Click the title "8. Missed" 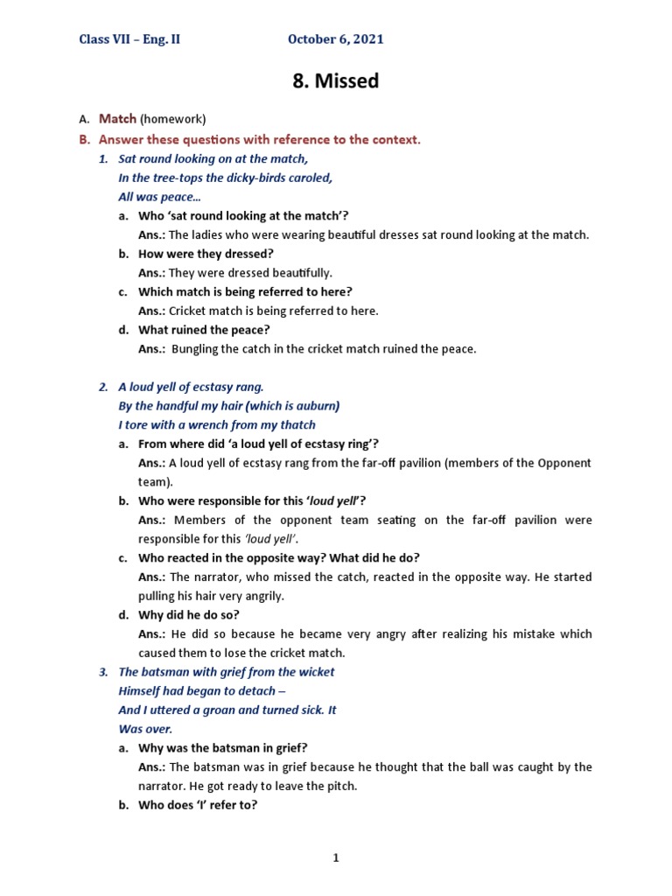pyautogui.click(x=335, y=81)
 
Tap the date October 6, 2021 pyautogui.click(x=336, y=39)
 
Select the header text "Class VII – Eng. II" pyautogui.click(x=129, y=39)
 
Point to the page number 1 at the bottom pyautogui.click(x=335, y=858)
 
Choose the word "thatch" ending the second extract pyautogui.click(x=297, y=425)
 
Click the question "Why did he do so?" pyautogui.click(x=189, y=615)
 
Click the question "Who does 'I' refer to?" pyautogui.click(x=198, y=805)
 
